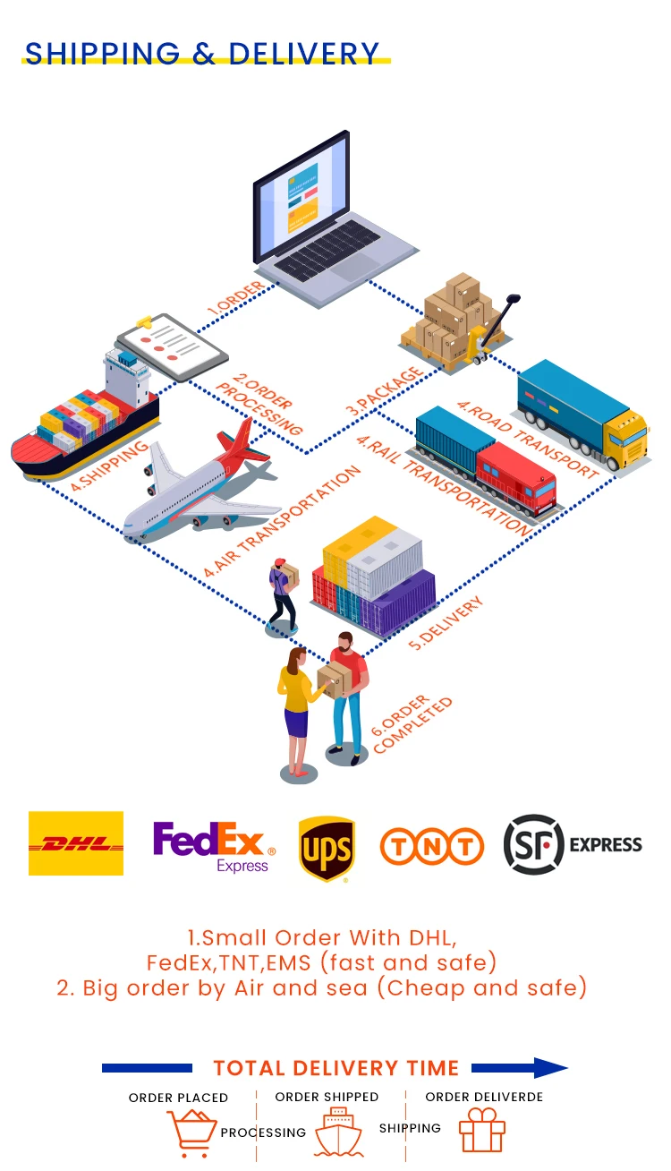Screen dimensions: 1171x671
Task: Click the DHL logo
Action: (x=76, y=843)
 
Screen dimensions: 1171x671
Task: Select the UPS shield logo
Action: (x=326, y=847)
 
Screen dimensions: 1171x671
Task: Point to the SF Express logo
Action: (x=573, y=843)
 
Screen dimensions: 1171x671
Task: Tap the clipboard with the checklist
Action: (x=172, y=346)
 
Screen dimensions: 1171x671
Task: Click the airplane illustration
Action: (x=201, y=483)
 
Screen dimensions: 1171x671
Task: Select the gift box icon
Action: (x=482, y=1131)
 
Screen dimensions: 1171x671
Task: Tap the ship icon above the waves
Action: (x=337, y=1131)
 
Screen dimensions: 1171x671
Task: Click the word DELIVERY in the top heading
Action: (x=304, y=54)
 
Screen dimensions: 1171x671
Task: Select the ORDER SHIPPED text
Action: (x=327, y=1097)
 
